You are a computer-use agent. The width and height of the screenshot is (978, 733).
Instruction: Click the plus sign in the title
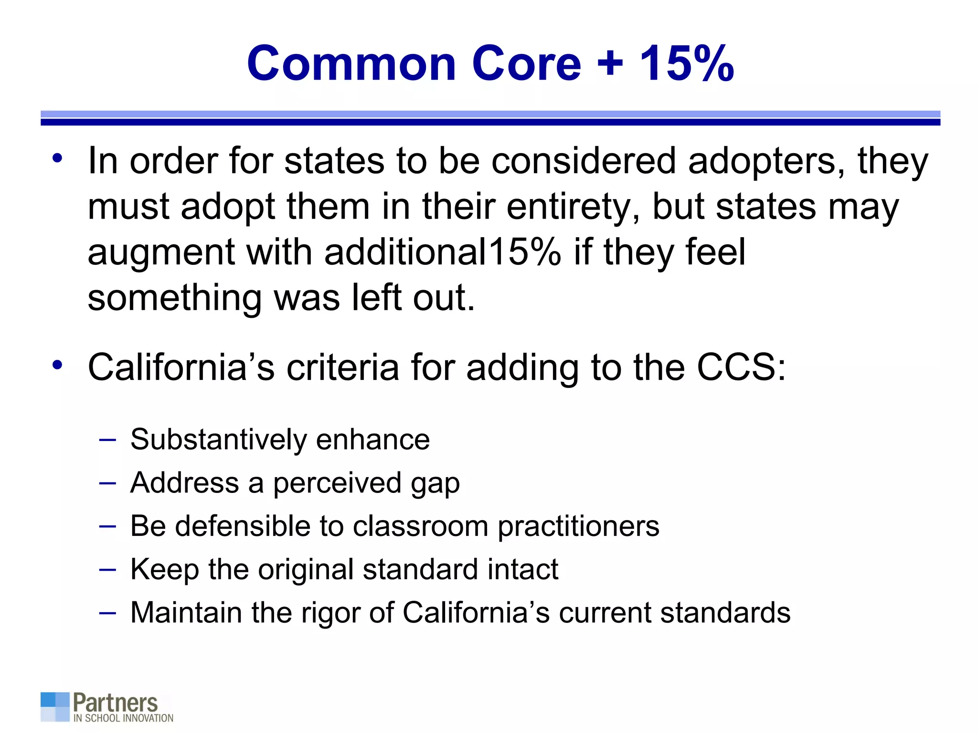click(x=610, y=63)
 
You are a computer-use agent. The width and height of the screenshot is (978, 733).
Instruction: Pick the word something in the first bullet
click(x=175, y=299)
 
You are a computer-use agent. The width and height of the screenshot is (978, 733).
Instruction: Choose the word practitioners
click(x=578, y=527)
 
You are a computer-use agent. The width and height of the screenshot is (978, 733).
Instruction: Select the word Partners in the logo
click(x=115, y=703)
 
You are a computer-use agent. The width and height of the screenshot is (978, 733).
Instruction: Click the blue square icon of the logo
click(x=55, y=707)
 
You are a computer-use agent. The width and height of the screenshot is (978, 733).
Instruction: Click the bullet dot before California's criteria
click(x=58, y=365)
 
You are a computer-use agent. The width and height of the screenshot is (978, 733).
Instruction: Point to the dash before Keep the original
click(x=107, y=569)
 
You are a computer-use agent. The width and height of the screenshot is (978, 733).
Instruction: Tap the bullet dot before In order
click(x=58, y=158)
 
